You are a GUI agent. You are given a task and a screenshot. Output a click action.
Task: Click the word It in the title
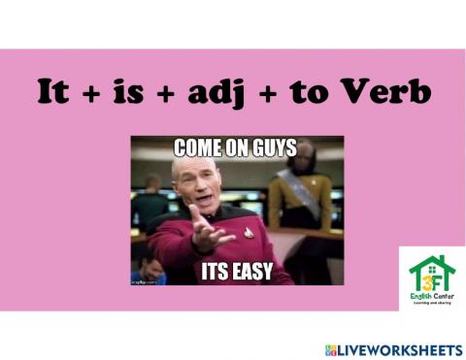[x=54, y=93]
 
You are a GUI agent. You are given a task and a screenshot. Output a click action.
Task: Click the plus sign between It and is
[x=93, y=94]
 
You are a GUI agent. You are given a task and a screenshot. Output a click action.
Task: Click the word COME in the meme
[x=197, y=149]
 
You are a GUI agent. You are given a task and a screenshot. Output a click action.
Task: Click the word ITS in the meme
[x=216, y=271]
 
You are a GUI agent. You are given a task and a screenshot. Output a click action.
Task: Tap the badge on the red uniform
[x=248, y=233]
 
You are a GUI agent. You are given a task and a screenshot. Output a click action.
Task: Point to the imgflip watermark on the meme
[x=146, y=279]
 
